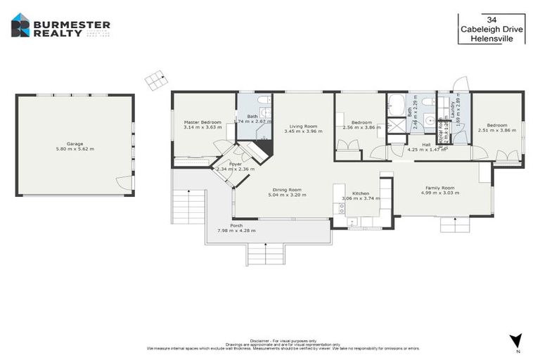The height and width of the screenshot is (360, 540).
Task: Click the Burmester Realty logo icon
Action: pos(20,25)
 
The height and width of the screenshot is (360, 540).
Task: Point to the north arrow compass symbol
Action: pos(517,341)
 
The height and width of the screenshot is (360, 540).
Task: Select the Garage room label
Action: pos(75,143)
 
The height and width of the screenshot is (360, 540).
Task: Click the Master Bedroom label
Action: pos(202,122)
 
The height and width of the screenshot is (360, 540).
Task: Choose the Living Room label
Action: pos(303,125)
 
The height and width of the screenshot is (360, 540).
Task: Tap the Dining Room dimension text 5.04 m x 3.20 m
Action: pos(286,195)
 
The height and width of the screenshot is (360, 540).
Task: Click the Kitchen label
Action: pos(361,193)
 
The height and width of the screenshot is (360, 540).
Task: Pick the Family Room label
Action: pos(439,188)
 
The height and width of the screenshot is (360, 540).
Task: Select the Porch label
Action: pos(236,225)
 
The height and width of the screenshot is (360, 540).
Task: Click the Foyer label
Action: pos(235,164)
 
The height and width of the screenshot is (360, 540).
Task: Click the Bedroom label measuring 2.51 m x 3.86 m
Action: pos(497,123)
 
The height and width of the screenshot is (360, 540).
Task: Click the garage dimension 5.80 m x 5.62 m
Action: pos(75,149)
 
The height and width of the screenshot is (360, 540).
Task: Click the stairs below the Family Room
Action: pos(455,224)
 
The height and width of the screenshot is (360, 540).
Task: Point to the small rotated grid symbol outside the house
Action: pos(155,80)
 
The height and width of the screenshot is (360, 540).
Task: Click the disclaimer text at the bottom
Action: pos(283,345)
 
